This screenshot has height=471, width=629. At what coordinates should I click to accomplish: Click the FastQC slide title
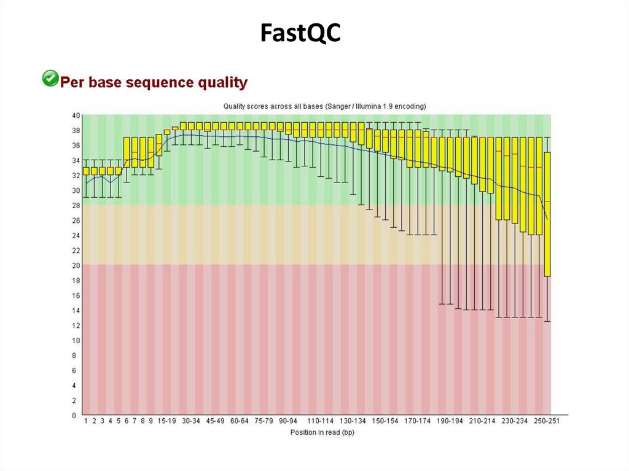pyautogui.click(x=300, y=33)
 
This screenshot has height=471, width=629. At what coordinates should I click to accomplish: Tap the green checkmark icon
pyautogui.click(x=49, y=79)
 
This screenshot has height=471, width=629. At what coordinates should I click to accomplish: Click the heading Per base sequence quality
pyautogui.click(x=154, y=82)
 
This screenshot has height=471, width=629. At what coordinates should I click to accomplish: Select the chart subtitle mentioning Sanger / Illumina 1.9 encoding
pyautogui.click(x=324, y=106)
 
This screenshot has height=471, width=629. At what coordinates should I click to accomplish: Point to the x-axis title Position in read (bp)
pyautogui.click(x=322, y=432)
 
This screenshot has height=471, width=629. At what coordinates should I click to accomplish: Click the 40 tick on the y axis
pyautogui.click(x=76, y=115)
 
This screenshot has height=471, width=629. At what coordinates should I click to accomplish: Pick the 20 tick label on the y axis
pyautogui.click(x=76, y=265)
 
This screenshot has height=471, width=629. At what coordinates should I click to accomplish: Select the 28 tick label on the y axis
pyautogui.click(x=76, y=206)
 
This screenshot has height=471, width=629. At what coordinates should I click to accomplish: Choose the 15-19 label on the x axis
pyautogui.click(x=166, y=421)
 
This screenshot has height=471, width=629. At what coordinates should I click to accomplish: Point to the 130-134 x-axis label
pyautogui.click(x=353, y=421)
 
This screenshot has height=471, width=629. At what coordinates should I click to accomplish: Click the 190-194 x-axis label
pyautogui.click(x=450, y=421)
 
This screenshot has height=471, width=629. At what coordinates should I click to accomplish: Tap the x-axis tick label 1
pyautogui.click(x=87, y=421)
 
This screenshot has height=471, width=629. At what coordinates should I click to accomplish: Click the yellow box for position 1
pyautogui.click(x=87, y=171)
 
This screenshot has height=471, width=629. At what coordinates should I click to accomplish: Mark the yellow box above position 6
pyautogui.click(x=127, y=152)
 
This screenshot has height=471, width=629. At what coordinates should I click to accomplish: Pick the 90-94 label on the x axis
pyautogui.click(x=288, y=421)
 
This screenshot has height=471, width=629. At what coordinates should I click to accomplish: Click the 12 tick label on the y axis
pyautogui.click(x=76, y=325)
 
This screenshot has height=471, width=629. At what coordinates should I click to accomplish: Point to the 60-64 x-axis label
pyautogui.click(x=240, y=421)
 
